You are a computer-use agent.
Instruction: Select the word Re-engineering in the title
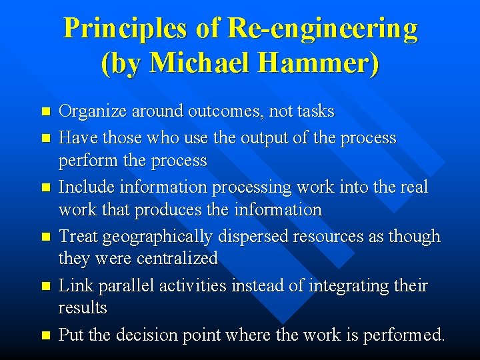[323, 30]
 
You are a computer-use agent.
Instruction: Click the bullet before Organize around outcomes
[45, 111]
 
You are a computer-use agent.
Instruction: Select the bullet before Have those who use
[45, 139]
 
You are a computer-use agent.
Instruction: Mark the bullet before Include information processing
[45, 187]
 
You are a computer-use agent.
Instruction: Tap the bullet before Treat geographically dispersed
[45, 237]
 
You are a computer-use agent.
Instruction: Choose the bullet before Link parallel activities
[45, 286]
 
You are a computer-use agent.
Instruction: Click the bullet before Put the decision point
[45, 335]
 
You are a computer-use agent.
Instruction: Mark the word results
[83, 307]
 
